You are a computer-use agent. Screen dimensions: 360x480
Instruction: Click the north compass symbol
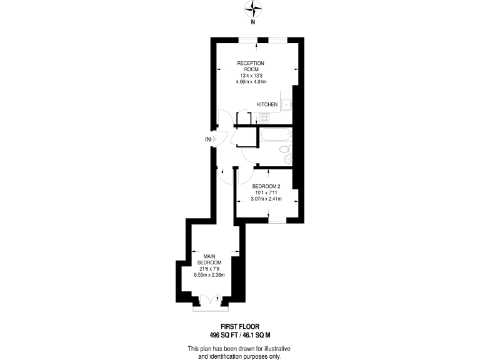[252, 8]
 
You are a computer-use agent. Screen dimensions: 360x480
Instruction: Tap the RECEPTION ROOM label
[250, 66]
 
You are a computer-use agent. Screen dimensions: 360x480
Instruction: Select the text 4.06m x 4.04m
[250, 82]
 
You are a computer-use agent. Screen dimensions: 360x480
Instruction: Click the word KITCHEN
[267, 104]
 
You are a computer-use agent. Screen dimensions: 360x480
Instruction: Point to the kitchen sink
[286, 105]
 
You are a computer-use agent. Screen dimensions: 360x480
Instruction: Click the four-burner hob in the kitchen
[264, 117]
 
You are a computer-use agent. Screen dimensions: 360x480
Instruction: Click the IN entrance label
[207, 139]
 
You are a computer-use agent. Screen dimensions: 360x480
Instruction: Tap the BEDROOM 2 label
[266, 187]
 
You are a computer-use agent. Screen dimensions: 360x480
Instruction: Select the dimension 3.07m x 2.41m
[266, 199]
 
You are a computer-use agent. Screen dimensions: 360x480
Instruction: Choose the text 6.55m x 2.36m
[209, 275]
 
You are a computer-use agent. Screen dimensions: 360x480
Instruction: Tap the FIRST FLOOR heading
[240, 326]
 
